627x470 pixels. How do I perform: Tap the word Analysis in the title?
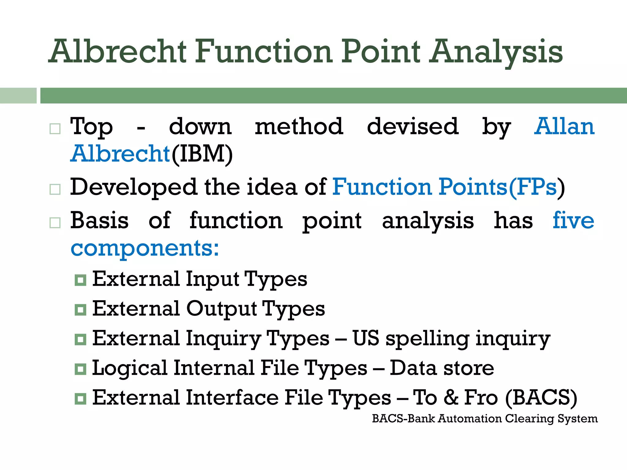click(496, 52)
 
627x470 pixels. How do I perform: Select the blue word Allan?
click(564, 126)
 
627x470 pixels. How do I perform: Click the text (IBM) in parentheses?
click(202, 154)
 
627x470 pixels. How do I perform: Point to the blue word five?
click(573, 220)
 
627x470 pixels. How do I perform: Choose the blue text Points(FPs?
click(498, 187)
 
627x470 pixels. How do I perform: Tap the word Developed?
click(133, 188)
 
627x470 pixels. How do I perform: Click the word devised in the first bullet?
click(412, 126)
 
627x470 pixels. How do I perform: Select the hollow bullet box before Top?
click(55, 129)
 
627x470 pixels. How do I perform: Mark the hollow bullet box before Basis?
click(55, 222)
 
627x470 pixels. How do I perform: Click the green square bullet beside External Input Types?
click(81, 280)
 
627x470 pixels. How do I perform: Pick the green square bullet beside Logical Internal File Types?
click(81, 369)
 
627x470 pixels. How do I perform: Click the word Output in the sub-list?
click(221, 309)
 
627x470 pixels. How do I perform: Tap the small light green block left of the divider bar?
click(18, 95)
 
